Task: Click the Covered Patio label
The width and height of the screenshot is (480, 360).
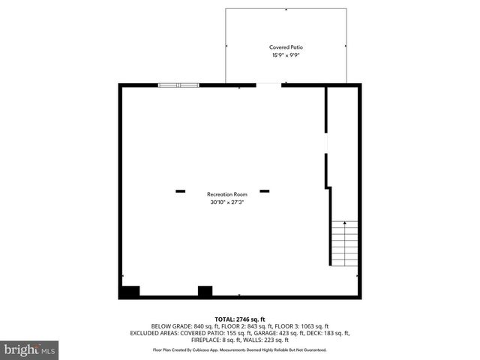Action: (286, 47)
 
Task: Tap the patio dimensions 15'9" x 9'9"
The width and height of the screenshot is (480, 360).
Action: (286, 55)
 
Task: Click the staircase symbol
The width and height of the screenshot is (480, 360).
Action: (343, 243)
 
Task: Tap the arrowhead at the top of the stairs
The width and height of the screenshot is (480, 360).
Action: (344, 223)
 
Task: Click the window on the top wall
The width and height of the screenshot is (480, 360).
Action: (179, 85)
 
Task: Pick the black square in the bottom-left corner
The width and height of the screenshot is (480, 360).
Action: (130, 292)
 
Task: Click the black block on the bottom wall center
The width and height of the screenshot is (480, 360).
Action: (205, 292)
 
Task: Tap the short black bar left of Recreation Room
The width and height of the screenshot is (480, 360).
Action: (180, 191)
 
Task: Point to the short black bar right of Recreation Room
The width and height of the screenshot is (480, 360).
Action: (264, 191)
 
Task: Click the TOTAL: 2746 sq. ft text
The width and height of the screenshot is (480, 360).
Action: (240, 319)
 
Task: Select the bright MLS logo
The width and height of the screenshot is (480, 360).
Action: (30, 349)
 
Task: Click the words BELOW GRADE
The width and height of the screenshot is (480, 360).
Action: (172, 326)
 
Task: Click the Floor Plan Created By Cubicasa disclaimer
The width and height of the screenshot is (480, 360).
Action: (240, 349)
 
